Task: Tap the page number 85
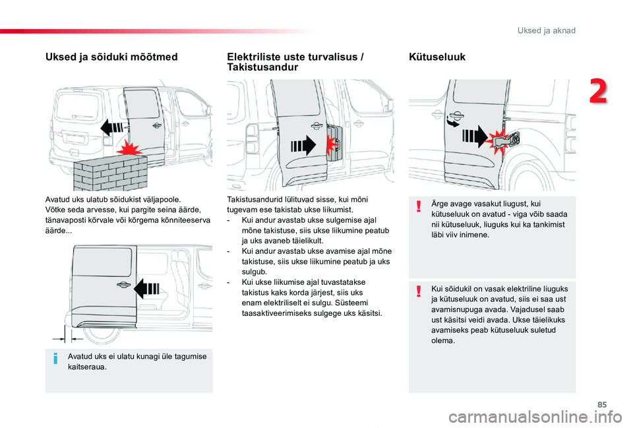click(x=602, y=404)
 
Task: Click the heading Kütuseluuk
click(x=437, y=57)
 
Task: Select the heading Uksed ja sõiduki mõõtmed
click(x=111, y=57)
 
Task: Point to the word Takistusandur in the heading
click(x=262, y=67)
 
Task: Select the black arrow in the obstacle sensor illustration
click(x=303, y=145)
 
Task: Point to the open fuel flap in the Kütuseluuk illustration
click(x=506, y=140)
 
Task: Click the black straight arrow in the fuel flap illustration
click(x=475, y=136)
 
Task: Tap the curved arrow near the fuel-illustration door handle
click(x=452, y=121)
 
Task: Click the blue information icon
click(x=55, y=358)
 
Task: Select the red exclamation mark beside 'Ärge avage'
click(x=419, y=206)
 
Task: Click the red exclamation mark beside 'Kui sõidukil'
click(x=419, y=291)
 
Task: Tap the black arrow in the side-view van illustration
click(x=146, y=289)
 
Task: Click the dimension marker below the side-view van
click(x=68, y=334)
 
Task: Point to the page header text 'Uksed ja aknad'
click(x=546, y=31)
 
